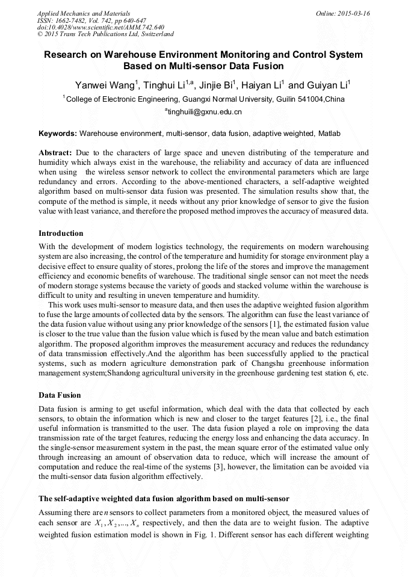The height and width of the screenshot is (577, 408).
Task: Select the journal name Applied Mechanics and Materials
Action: [x=84, y=13]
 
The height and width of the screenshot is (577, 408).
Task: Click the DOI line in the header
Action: [x=100, y=28]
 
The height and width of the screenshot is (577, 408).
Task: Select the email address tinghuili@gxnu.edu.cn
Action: [x=205, y=112]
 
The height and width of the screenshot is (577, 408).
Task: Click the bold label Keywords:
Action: [x=58, y=133]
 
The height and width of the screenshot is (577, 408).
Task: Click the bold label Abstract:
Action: [x=55, y=153]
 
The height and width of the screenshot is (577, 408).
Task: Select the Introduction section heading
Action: [x=61, y=233]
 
